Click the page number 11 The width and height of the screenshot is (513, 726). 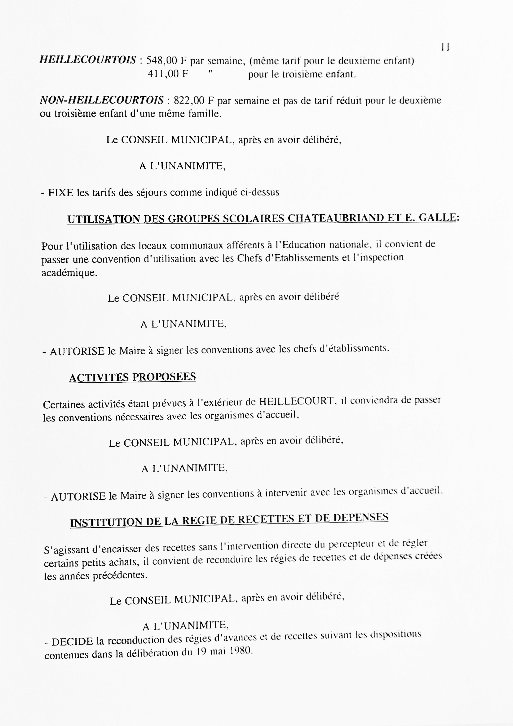click(445, 47)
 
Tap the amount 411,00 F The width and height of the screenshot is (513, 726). click(168, 74)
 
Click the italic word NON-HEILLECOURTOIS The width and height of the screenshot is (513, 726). click(102, 100)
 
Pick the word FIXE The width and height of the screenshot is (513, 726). click(61, 193)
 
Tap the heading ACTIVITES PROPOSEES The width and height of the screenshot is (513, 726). click(132, 377)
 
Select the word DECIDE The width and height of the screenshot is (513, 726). click(73, 642)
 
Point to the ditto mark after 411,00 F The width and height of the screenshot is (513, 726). click(210, 72)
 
